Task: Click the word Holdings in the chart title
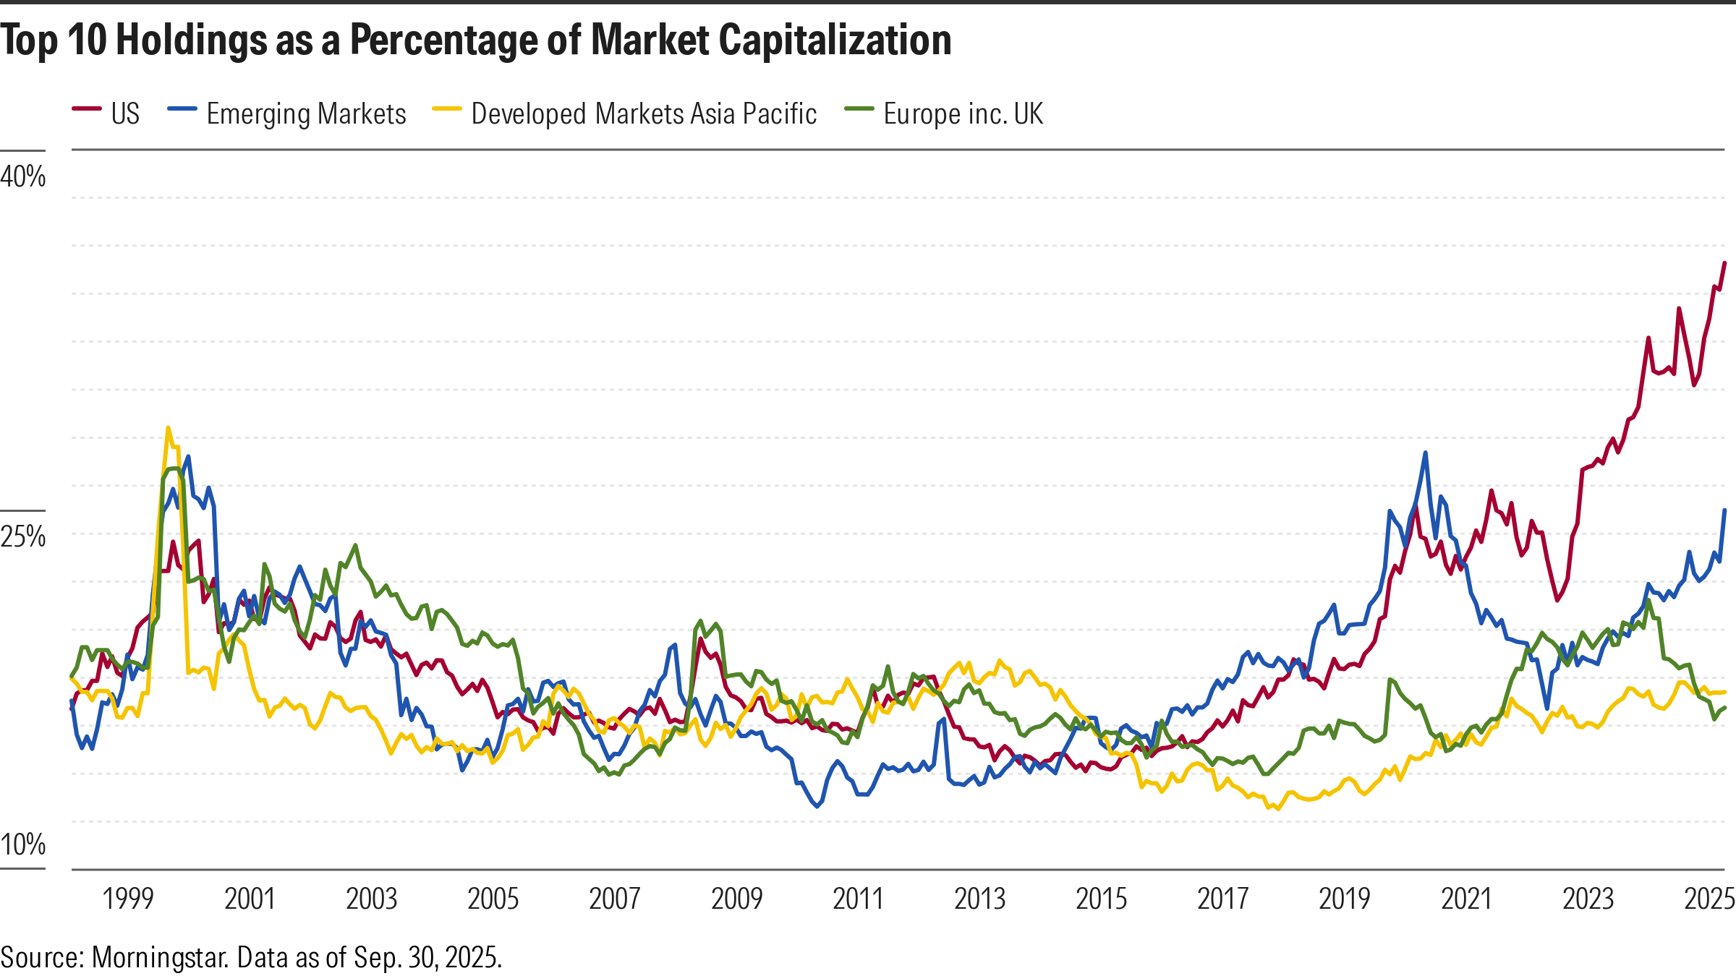(x=192, y=40)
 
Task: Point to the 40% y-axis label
(x=23, y=176)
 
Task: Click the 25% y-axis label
(x=23, y=536)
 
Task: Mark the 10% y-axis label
(x=23, y=844)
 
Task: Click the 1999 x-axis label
(x=128, y=899)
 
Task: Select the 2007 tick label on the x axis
(x=614, y=899)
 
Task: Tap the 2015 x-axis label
(x=1101, y=899)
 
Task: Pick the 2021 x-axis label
(x=1466, y=899)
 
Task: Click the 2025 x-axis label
(x=1709, y=899)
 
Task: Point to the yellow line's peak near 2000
(x=168, y=428)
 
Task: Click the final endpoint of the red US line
(x=1725, y=263)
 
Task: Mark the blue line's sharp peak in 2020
(x=1425, y=453)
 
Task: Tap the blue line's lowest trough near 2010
(x=817, y=806)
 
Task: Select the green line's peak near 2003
(x=355, y=546)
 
